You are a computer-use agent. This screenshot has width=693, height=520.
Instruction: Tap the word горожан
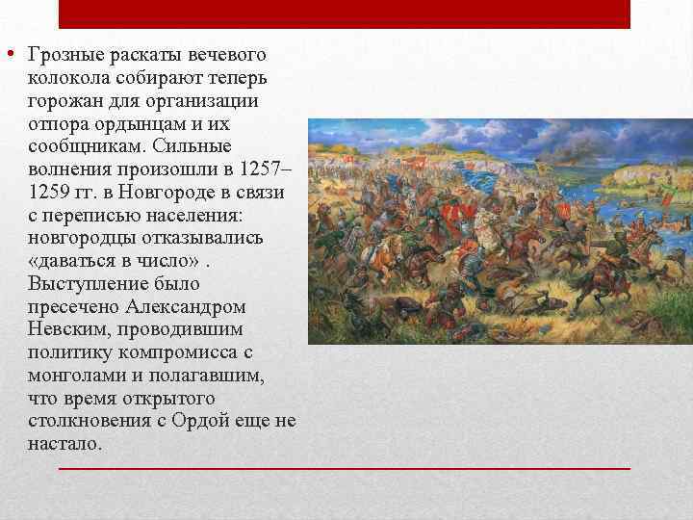(x=63, y=100)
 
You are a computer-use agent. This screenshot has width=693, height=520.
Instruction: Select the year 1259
(x=48, y=193)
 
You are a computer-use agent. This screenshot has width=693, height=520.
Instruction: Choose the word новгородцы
(x=82, y=238)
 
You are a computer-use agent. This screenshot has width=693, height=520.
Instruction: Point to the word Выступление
(x=86, y=284)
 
